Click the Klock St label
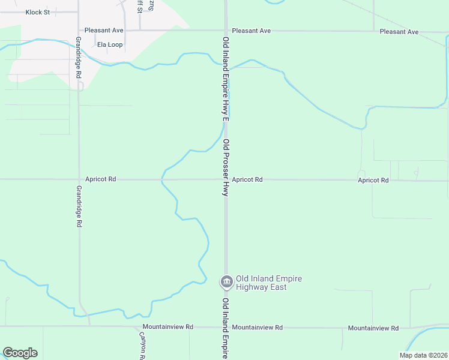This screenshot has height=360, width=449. click(37, 12)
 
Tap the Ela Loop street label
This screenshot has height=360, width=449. click(110, 45)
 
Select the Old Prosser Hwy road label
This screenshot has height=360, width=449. click(226, 168)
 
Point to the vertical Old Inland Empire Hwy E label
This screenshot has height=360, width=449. click(226, 78)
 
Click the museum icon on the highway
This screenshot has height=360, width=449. click(226, 281)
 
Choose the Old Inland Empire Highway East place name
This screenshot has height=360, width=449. click(268, 283)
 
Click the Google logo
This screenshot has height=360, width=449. click(20, 353)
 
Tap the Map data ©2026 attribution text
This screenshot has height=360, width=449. click(423, 355)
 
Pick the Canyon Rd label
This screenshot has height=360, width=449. click(143, 346)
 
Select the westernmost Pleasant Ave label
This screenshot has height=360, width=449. click(104, 30)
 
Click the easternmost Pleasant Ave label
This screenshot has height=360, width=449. click(399, 31)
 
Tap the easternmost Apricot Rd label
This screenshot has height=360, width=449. click(373, 180)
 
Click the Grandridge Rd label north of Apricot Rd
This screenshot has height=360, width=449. click(78, 57)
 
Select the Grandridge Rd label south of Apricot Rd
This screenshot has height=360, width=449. click(79, 206)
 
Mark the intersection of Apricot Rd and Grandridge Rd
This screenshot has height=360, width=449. click(79, 179)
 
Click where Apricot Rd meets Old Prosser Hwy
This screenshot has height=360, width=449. click(226, 179)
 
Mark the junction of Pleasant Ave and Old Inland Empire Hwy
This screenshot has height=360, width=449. click(226, 30)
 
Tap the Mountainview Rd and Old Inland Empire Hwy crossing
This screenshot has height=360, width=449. click(226, 327)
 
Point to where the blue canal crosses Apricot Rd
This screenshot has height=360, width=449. click(162, 179)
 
